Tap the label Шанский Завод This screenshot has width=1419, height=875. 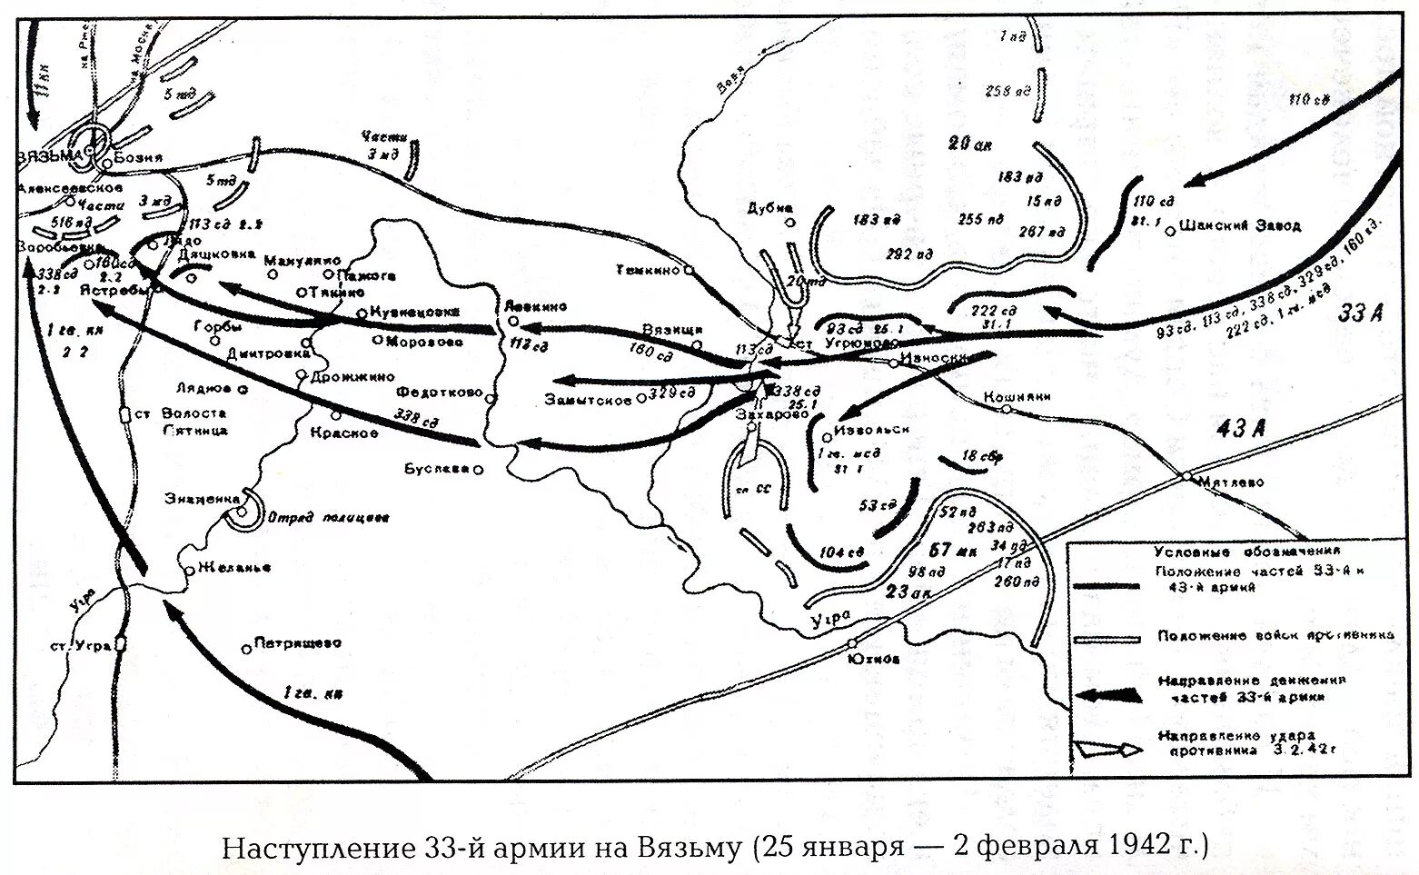pyautogui.click(x=1240, y=225)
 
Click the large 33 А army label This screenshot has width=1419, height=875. pyautogui.click(x=1360, y=313)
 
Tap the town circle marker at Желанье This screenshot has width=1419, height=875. pyautogui.click(x=188, y=571)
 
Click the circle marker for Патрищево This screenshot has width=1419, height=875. pyautogui.click(x=246, y=648)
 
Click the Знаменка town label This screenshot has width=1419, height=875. pyautogui.click(x=202, y=498)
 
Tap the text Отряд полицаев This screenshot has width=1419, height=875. pyautogui.click(x=328, y=518)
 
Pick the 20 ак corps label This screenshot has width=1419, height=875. pyautogui.click(x=969, y=144)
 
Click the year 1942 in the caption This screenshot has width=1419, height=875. pyautogui.click(x=1139, y=847)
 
